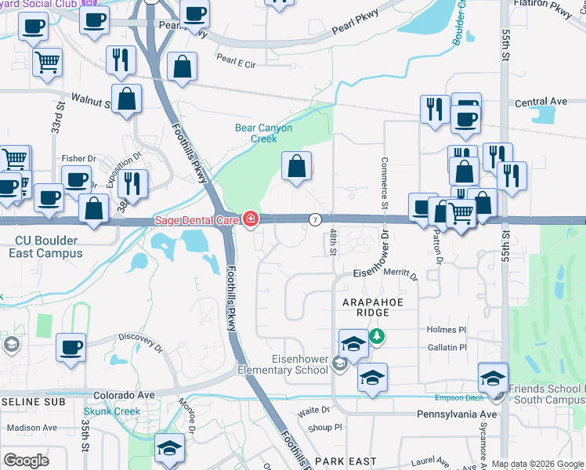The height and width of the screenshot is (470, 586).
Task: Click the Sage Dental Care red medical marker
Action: [250, 220]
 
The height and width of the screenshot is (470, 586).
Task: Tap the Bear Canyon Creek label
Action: [263, 133]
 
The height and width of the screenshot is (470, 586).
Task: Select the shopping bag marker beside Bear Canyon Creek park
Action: [296, 167]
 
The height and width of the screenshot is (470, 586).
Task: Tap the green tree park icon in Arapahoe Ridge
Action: [378, 335]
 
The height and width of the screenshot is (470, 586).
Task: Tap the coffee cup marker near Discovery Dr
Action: [71, 347]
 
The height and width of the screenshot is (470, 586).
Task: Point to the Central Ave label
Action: [541, 102]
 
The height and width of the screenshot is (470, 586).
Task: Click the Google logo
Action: [27, 460]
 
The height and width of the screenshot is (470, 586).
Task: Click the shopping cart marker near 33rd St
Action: [48, 62]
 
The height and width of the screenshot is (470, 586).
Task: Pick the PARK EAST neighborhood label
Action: [345, 461]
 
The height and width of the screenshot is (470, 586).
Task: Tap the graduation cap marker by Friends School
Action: [494, 378]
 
